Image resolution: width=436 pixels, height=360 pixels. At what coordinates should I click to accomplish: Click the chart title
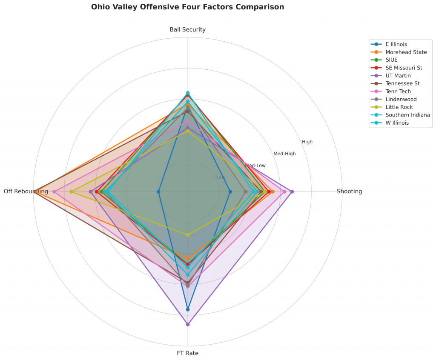coord(187,7)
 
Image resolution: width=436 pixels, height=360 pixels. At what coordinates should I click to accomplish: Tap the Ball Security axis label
coord(187,30)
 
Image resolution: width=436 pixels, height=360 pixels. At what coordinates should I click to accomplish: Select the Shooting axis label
coord(349,191)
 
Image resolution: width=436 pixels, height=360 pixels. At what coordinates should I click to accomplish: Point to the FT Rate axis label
coord(187,353)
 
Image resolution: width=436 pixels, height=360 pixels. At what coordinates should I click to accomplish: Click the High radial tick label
coord(307,142)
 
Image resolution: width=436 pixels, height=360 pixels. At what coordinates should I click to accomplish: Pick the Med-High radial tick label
coord(284,154)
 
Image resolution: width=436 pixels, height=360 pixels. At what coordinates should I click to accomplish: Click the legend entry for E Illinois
coord(396,44)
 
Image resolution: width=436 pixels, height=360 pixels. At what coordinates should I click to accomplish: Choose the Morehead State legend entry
coord(406,52)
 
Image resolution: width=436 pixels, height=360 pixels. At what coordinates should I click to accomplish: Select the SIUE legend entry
coord(391,60)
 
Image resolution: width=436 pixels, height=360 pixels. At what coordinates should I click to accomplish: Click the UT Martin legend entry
coord(398,76)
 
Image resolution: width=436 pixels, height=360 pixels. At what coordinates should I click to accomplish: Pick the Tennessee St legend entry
coord(402,84)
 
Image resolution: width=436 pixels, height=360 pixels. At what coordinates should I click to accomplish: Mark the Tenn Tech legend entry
coord(398,91)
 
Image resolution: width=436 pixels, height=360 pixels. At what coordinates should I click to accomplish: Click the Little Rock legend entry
coord(399,107)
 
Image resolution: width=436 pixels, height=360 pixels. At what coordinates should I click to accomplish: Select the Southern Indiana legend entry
coord(407,115)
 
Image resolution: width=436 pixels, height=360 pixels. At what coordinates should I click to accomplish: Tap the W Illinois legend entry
coord(397,123)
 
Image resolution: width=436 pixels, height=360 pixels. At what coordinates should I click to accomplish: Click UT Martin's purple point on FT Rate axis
coord(188,325)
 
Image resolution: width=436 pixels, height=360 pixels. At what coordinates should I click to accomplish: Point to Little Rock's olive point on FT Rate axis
coord(188,234)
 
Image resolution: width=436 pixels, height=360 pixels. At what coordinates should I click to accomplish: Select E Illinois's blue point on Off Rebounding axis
coord(159,192)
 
